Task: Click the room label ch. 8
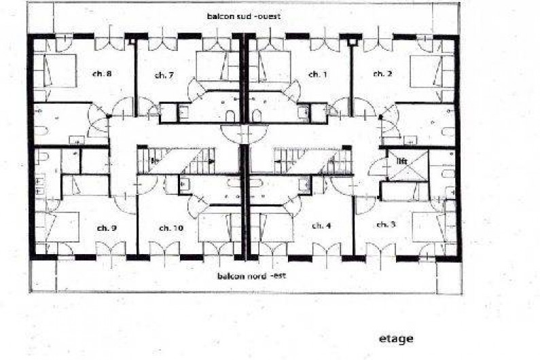point(102,74)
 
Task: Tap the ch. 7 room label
point(164,75)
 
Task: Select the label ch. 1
point(318,75)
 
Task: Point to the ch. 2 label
point(382,74)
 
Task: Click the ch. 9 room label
point(107,228)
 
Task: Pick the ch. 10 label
point(171,228)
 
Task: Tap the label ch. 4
point(321,226)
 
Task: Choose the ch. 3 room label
point(386,225)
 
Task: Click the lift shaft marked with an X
point(408,165)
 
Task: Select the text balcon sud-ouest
point(244,16)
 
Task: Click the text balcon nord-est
point(252,276)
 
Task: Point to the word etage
point(396,339)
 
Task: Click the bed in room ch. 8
point(55,71)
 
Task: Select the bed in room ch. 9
point(57,227)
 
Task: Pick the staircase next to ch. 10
point(177,160)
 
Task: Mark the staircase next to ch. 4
point(312,160)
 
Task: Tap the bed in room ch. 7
point(217,66)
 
